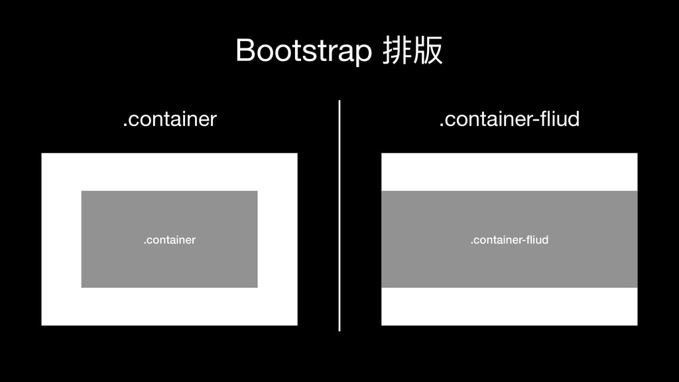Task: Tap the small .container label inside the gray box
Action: [170, 239]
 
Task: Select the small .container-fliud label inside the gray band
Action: [509, 239]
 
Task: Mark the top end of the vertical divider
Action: [339, 102]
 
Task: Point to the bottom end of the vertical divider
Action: [339, 329]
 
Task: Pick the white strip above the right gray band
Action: [509, 172]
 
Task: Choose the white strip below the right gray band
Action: [509, 306]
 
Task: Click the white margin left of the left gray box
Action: [61, 239]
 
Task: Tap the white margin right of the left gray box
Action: [277, 239]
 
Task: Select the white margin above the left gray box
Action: [170, 172]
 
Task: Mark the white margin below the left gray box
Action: [170, 306]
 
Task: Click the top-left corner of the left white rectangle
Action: [42, 154]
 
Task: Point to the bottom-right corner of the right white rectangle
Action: [637, 324]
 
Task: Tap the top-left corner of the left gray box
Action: [82, 192]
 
